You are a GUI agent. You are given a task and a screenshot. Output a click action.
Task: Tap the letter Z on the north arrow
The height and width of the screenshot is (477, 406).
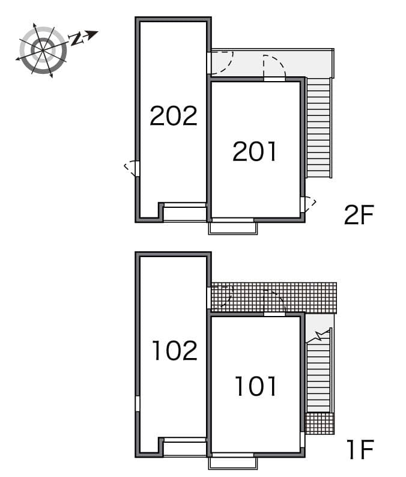(77, 40)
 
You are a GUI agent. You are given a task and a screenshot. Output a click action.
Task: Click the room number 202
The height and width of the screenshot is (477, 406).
(173, 116)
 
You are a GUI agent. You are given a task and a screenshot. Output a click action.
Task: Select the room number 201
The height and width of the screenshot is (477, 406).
(255, 151)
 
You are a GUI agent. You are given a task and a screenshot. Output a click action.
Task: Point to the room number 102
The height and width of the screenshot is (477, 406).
(174, 350)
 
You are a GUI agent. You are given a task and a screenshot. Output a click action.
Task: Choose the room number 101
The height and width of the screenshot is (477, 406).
(255, 386)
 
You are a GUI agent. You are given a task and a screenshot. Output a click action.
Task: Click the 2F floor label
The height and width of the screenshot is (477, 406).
(359, 215)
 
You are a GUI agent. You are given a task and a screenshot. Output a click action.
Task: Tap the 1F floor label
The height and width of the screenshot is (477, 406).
(359, 449)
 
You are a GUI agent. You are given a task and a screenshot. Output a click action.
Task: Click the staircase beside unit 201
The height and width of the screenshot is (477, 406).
(318, 128)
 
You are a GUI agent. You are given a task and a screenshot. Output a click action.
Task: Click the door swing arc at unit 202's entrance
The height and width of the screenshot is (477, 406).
(221, 62)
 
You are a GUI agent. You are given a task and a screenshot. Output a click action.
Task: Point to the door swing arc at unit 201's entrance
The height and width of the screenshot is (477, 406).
(274, 66)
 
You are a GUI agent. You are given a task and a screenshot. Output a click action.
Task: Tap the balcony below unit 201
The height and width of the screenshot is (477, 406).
(233, 228)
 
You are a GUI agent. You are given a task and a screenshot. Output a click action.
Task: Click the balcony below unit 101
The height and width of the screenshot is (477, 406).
(233, 463)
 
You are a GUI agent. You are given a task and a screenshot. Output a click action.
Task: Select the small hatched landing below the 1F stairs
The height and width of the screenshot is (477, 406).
(319, 423)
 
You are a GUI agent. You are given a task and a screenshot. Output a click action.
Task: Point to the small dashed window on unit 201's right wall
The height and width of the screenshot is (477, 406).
(308, 204)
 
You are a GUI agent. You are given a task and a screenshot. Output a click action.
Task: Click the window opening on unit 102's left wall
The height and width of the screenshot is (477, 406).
(138, 403)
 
